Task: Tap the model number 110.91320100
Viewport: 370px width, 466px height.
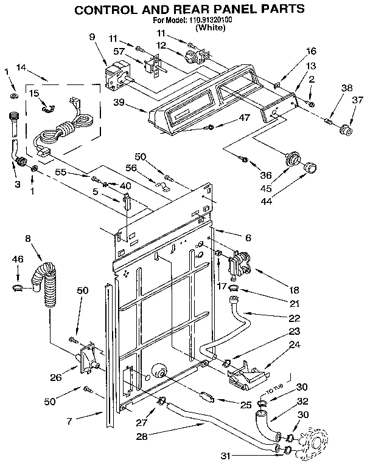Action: (210, 20)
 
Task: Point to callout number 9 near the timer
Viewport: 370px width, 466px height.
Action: (92, 36)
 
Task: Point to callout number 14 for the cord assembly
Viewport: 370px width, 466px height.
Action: (21, 69)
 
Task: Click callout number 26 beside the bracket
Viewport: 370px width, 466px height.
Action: (55, 377)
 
